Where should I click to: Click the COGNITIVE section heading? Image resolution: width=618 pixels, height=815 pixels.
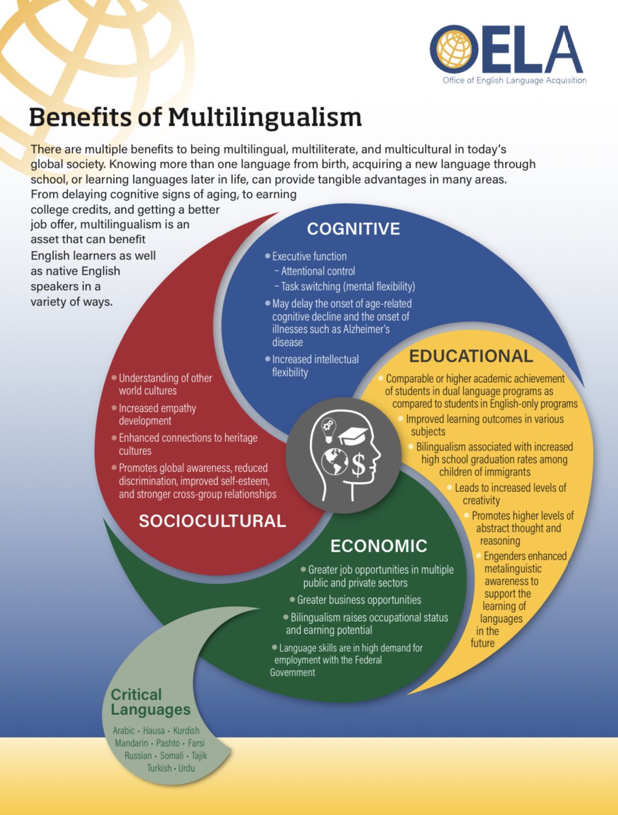(x=353, y=229)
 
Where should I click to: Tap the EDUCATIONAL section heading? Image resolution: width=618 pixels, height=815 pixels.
(x=471, y=356)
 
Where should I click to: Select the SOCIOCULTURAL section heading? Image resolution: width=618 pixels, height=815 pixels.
(x=212, y=521)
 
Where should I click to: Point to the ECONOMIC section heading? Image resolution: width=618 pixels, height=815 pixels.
(x=379, y=546)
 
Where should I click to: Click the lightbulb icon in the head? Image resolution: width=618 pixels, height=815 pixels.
(x=328, y=429)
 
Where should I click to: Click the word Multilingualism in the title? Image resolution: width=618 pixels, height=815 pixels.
(x=265, y=118)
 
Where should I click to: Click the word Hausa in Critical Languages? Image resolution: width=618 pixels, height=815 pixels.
(x=154, y=731)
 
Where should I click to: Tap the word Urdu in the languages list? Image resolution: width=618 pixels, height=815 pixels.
(x=186, y=768)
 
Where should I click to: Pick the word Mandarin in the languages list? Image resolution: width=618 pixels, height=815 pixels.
(x=131, y=743)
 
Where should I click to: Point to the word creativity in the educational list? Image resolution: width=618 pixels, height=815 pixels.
(x=481, y=500)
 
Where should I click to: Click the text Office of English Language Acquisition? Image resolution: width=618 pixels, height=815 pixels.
(x=515, y=81)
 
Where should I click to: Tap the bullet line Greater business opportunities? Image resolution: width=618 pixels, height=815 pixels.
(x=359, y=600)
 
